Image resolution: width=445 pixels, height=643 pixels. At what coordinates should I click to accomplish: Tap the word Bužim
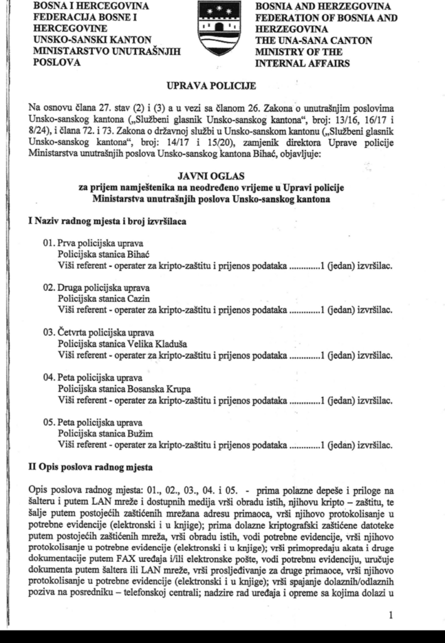pos(139,432)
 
